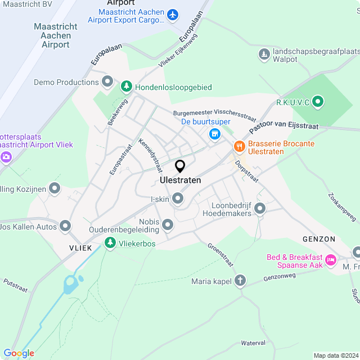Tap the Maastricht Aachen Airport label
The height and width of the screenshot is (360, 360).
coord(52,35)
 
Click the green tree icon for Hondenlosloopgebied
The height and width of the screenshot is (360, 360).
coord(127,87)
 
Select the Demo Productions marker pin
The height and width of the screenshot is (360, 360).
coord(107,82)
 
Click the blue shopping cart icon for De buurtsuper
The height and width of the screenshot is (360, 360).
coord(214,134)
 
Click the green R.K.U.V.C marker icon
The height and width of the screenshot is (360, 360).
coord(318,102)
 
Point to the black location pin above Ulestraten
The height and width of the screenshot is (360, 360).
coord(180,166)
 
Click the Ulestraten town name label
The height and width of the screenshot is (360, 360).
coord(180,181)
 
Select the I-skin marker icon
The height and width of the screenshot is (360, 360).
coord(178,199)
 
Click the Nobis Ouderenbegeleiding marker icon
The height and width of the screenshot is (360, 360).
coord(168,226)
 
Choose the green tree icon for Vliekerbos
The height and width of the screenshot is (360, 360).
coord(110,243)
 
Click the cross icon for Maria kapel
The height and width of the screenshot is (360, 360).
coord(240,281)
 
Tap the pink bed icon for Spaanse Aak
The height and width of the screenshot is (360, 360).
coord(330,261)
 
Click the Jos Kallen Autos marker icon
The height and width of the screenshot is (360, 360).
coord(65,226)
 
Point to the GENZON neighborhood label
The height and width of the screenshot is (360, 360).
coord(319,238)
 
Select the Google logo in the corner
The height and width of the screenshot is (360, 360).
coord(19,353)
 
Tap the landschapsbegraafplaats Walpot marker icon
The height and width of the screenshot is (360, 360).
coord(264,55)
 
